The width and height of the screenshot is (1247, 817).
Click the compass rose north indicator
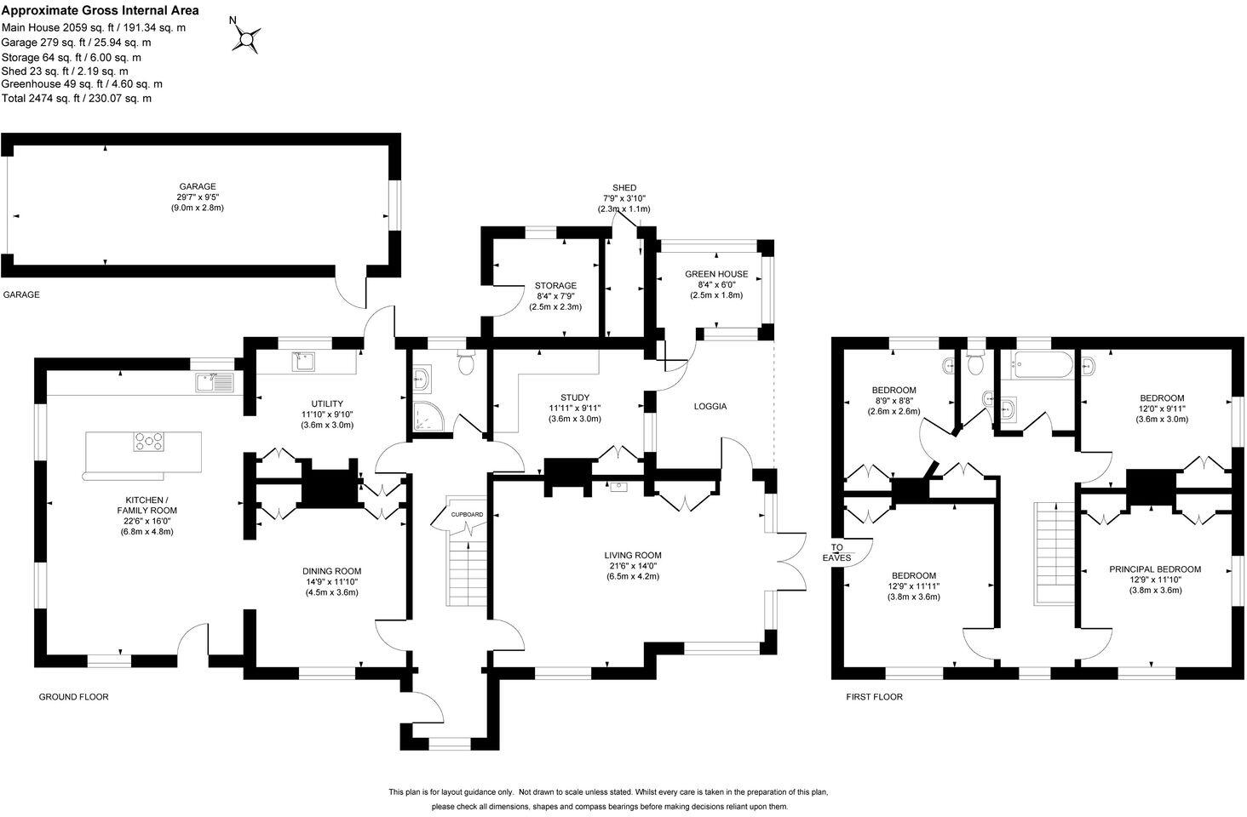247,38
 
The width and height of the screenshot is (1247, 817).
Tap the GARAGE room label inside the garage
197,186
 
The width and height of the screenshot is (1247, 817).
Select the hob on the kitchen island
148,442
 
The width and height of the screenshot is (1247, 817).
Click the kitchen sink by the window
214,383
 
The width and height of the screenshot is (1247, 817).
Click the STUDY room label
575,397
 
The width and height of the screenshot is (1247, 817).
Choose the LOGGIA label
710,406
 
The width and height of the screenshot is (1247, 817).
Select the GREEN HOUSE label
716,274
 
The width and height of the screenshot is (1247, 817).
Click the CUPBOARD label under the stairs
467,515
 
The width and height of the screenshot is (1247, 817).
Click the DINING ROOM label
331,571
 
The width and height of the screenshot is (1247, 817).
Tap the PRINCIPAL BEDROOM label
1155,569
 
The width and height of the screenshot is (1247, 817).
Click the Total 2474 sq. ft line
77,99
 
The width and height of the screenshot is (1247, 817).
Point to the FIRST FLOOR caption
873,697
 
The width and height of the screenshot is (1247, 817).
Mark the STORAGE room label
555,285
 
